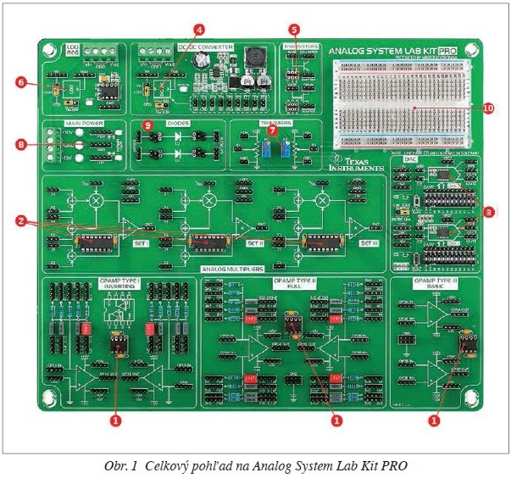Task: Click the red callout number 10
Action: (487, 108)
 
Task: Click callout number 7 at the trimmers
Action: (272, 131)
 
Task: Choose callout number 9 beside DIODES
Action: (147, 125)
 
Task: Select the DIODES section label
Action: (179, 123)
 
